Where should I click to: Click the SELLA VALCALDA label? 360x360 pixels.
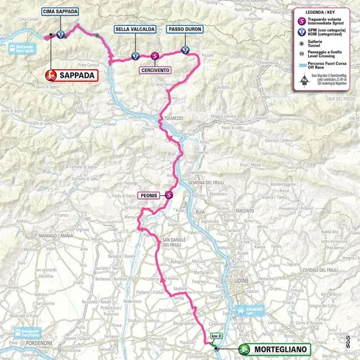(x=135, y=30)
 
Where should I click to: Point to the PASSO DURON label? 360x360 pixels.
(x=184, y=30)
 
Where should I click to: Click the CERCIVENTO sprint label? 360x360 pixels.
(x=156, y=70)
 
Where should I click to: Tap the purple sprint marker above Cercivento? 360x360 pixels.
(x=155, y=55)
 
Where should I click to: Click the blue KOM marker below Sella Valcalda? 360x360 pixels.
(x=135, y=55)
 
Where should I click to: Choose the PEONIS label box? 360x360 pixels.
(x=148, y=194)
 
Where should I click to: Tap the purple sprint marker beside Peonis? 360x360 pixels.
(x=168, y=194)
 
